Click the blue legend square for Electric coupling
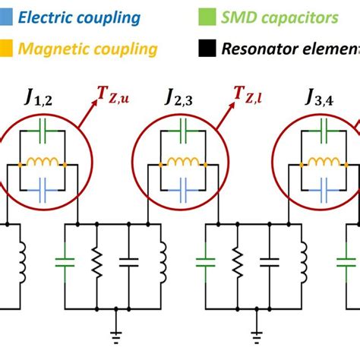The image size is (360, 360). point(7,17)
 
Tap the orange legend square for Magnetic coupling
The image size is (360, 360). point(7,49)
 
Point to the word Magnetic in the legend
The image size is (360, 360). point(54,49)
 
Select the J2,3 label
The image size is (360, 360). point(178,98)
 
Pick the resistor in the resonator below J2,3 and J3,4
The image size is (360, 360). point(237,262)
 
